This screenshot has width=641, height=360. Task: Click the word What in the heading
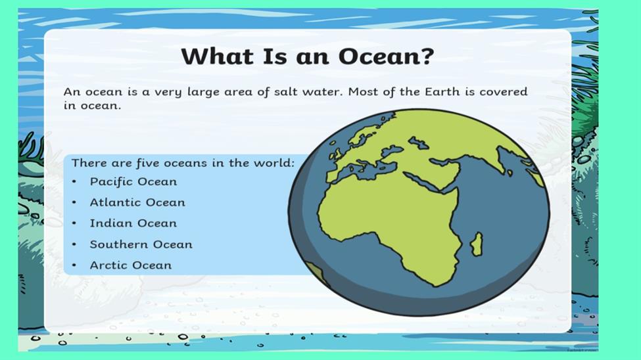(218, 56)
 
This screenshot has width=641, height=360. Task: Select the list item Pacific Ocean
(133, 182)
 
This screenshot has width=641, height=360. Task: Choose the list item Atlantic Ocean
(137, 202)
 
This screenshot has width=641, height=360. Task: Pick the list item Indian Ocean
(133, 223)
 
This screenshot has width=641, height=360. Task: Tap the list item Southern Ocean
(141, 244)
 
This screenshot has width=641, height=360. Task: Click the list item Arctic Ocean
(131, 265)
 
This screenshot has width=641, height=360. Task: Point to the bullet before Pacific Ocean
(74, 181)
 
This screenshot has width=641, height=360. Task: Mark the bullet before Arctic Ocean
(74, 265)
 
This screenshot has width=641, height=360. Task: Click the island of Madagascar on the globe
(477, 244)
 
